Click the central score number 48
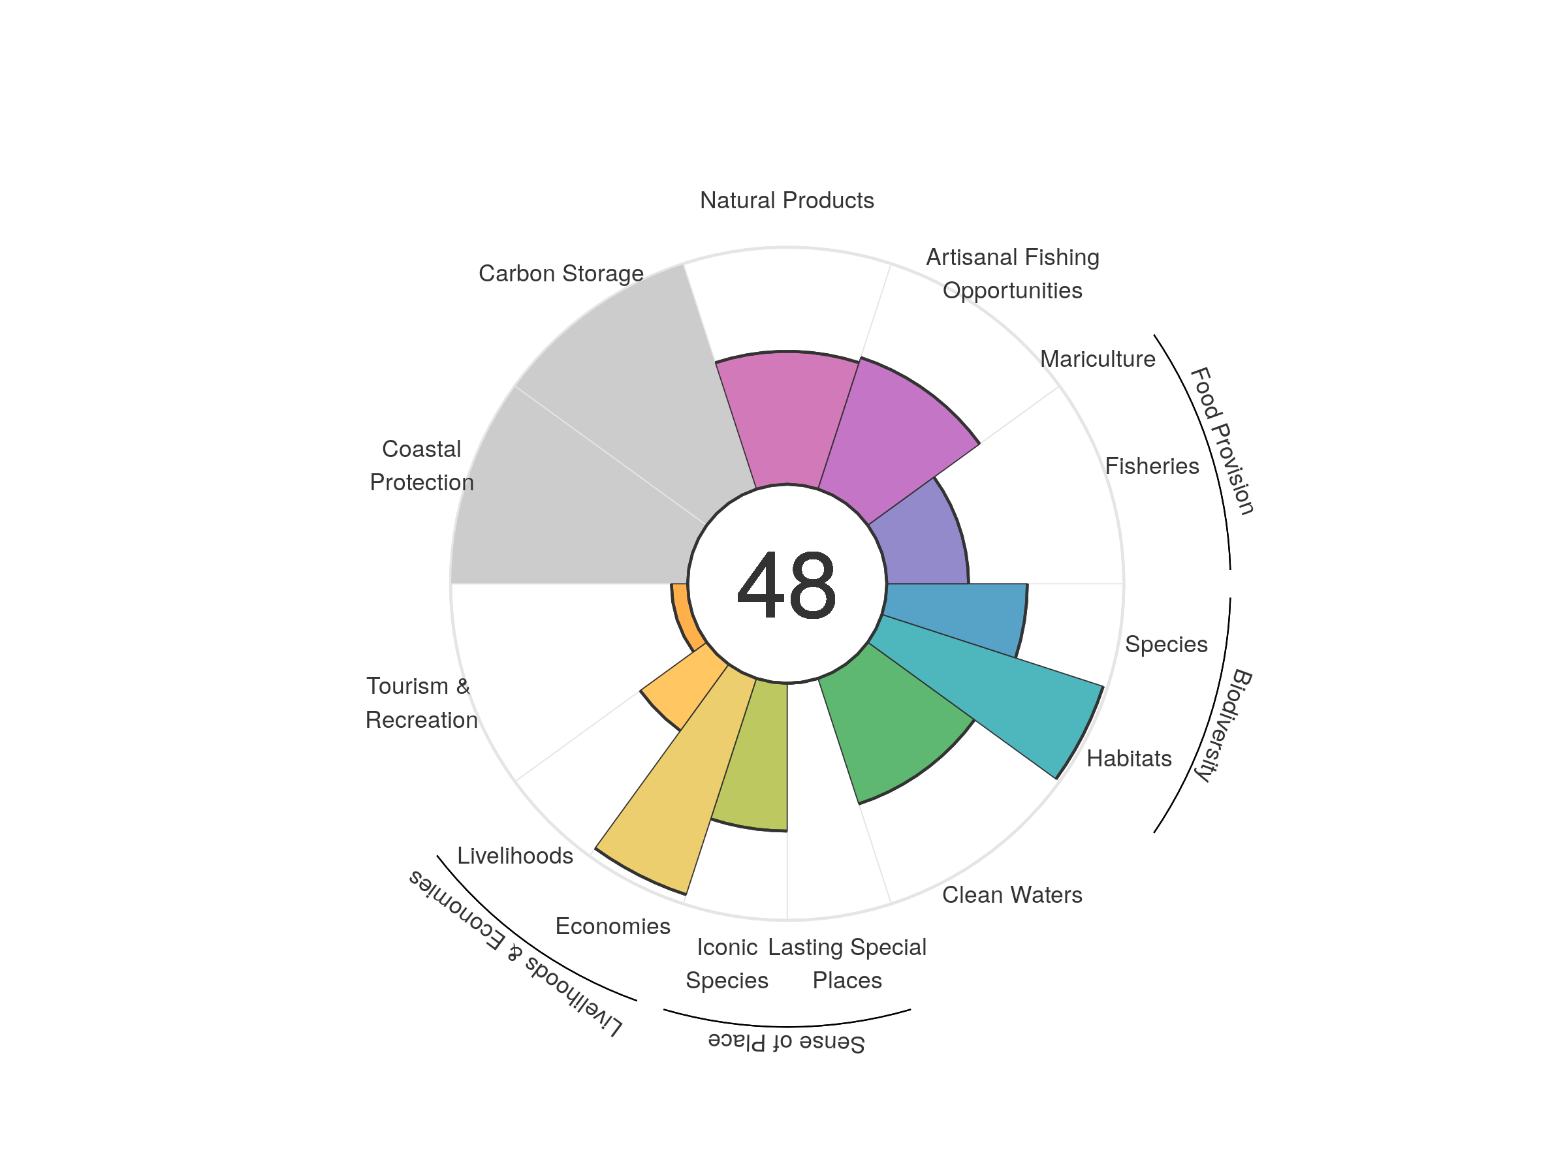pyautogui.click(x=786, y=585)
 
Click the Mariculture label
pyautogui.click(x=1098, y=359)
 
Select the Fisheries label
pyautogui.click(x=1152, y=466)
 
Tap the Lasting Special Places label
pyautogui.click(x=847, y=963)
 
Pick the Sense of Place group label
pyautogui.click(x=786, y=1042)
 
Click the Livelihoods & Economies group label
pyautogui.click(x=516, y=952)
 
